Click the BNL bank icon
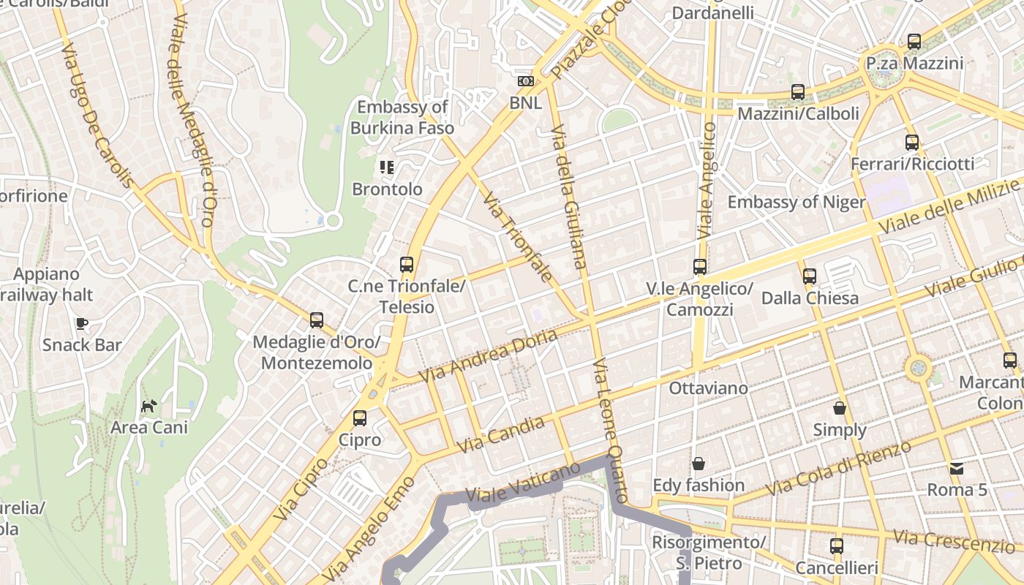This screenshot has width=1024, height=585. pos(525,81)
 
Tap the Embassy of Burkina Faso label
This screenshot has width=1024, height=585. pos(402,118)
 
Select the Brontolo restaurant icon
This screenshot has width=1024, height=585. pos(387,167)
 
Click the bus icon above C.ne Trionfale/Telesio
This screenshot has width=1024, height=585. pos(407,265)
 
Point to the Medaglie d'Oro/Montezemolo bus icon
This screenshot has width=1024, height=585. pos(317,320)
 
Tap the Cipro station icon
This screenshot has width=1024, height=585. pos(360,418)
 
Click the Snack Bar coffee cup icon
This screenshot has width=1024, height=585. pos(82,323)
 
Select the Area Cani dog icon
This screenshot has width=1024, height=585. pos(149,406)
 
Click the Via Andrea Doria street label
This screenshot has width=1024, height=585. pos(488,355)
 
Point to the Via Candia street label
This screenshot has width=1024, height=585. pos(501,434)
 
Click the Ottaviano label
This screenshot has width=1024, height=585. pos(708,388)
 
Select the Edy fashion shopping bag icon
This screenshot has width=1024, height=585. pos(699,464)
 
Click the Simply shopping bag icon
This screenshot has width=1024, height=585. pos(840,408)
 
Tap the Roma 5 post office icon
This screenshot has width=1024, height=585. pos(957,468)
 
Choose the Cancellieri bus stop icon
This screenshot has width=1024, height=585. pos(837,546)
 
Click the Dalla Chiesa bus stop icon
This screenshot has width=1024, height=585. pos(810,276)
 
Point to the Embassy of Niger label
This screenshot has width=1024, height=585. pos(797,203)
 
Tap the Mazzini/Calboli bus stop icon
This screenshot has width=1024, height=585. pos(798,92)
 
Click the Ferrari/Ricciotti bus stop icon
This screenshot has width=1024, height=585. pos(912,142)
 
